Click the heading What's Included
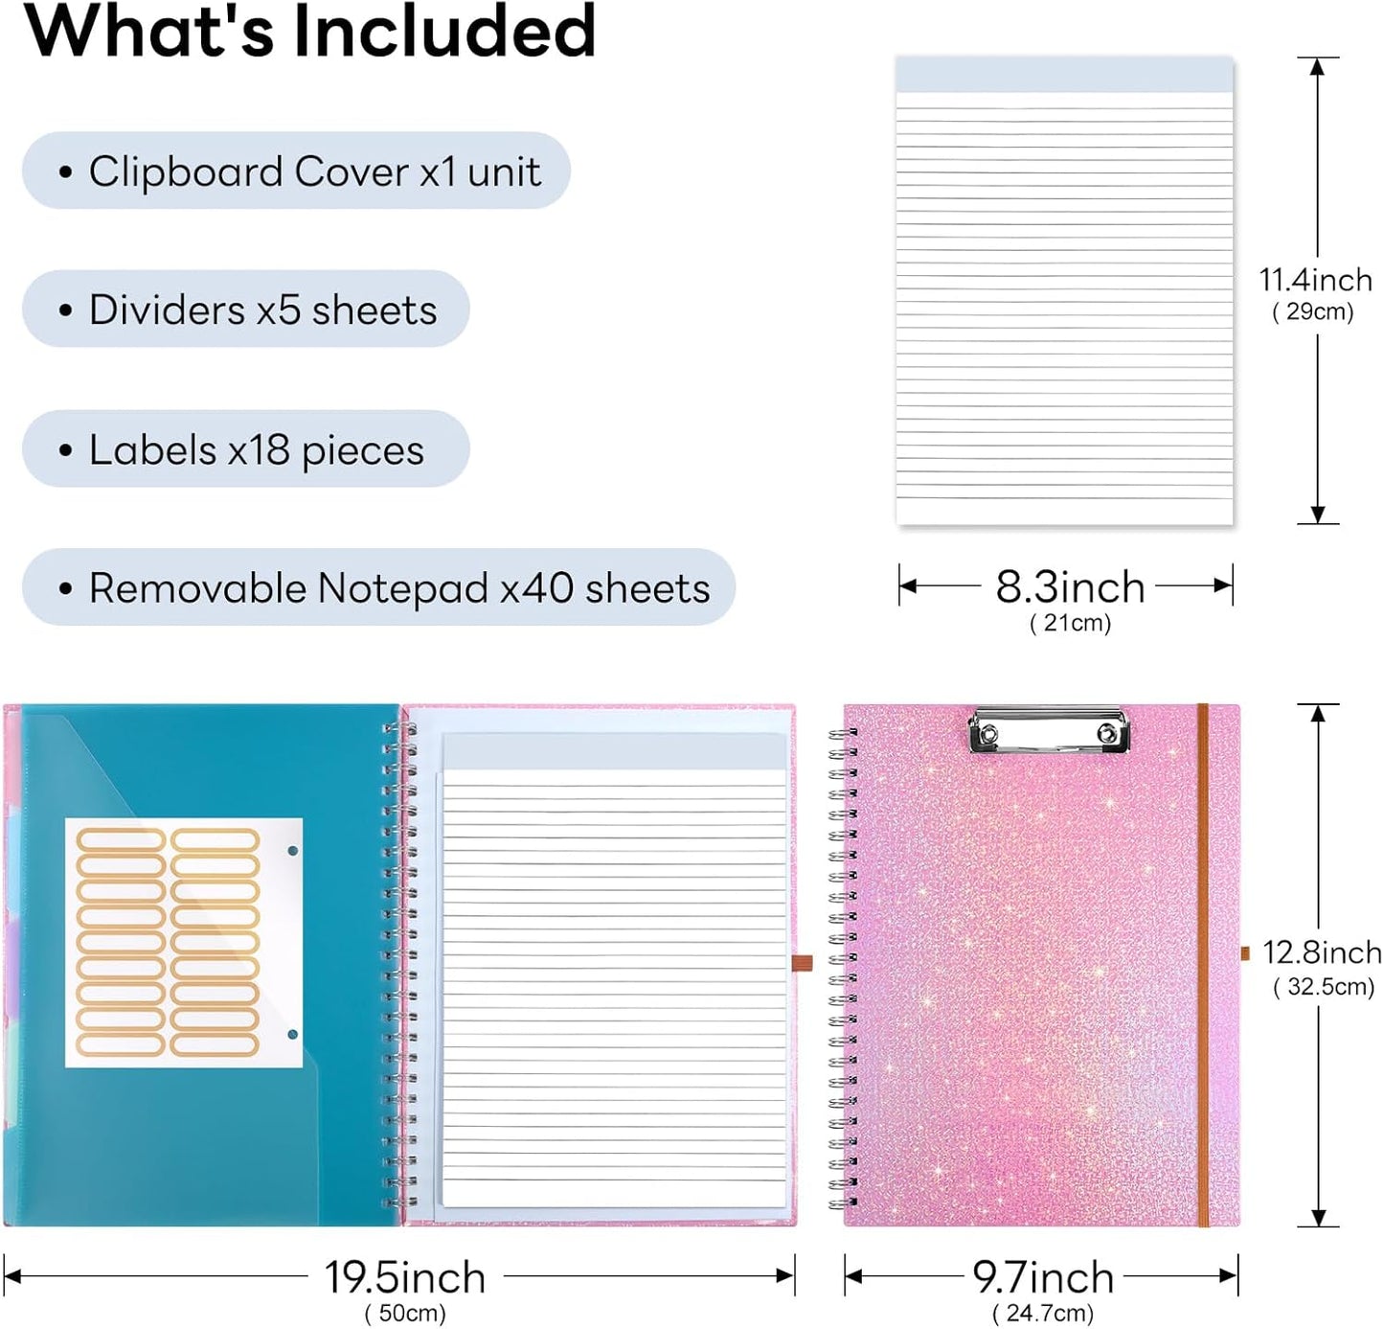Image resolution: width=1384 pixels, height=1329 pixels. point(310,32)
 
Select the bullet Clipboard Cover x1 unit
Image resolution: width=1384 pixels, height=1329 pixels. point(296,171)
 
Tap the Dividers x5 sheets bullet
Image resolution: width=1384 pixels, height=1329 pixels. point(246,309)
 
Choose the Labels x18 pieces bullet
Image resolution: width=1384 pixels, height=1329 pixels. point(246,449)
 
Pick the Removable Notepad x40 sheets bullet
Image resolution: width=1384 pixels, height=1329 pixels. point(378,587)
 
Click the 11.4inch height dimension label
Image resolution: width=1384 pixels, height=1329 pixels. point(1315,281)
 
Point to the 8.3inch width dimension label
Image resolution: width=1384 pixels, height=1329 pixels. point(1070,587)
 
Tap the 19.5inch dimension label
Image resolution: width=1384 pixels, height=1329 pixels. point(405,1277)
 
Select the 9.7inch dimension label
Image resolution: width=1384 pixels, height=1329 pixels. point(1043,1277)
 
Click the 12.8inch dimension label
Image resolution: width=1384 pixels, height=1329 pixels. point(1322,952)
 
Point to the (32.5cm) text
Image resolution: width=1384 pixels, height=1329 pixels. point(1323,987)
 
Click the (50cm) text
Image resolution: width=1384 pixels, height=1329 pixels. point(405,1313)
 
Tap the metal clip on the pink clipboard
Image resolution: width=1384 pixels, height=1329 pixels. point(1049,730)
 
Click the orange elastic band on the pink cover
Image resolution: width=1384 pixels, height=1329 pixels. point(1203,965)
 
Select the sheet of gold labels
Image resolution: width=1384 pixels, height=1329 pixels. point(184,943)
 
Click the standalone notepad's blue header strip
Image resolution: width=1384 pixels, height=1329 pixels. point(1064,75)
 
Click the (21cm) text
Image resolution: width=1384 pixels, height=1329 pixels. point(1070,623)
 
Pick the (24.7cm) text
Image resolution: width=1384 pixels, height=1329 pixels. point(1043,1313)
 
